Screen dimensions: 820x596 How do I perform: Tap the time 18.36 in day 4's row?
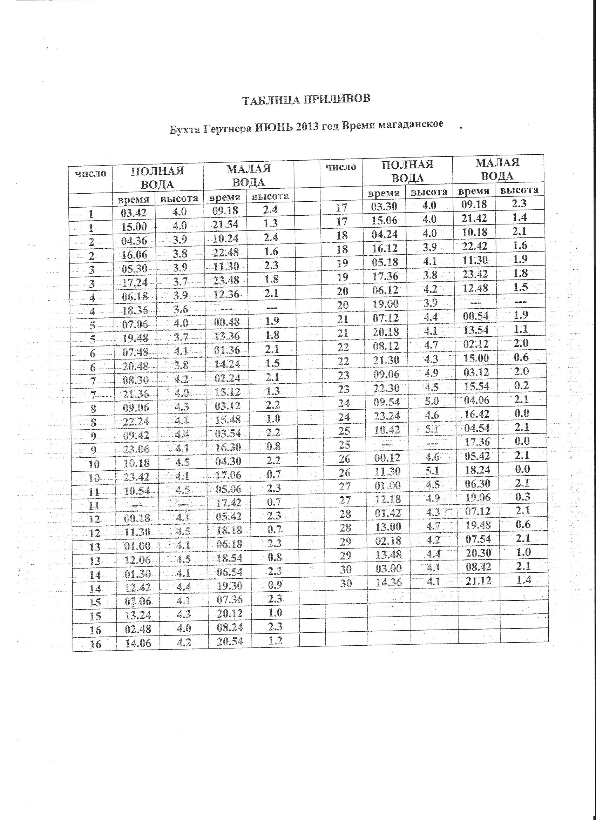135,310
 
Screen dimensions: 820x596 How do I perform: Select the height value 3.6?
179,309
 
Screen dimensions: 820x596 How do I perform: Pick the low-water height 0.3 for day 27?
522,496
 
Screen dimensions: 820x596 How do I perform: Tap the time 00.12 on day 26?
387,458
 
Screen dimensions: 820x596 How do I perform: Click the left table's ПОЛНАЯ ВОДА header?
157,177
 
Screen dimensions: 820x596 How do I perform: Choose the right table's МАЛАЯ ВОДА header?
497,169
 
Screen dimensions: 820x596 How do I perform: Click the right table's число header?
341,167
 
